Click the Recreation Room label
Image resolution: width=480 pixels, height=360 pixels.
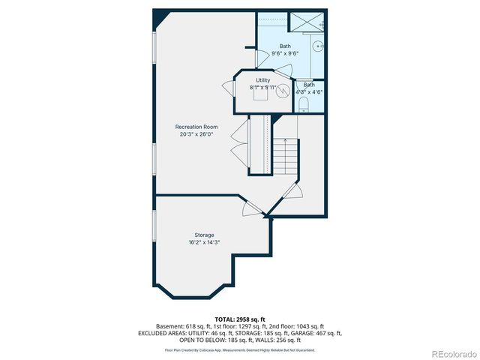point(196,127)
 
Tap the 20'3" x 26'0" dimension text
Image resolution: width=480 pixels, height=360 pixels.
point(196,135)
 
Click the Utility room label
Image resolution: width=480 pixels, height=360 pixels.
point(262,79)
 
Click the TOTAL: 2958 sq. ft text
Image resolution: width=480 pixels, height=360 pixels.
point(240,319)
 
